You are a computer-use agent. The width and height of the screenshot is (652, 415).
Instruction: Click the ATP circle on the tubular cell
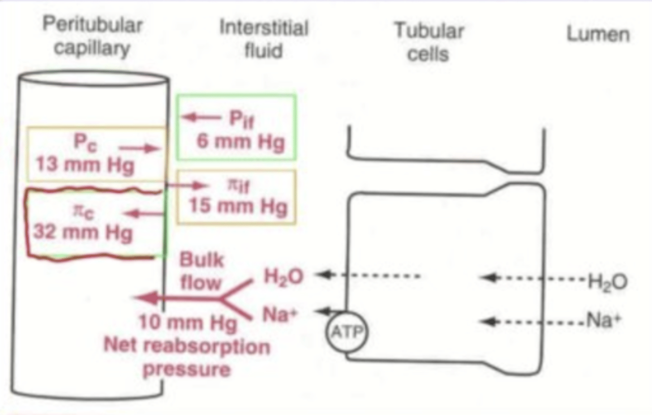347,332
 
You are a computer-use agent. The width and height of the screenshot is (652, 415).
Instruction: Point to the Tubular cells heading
428,42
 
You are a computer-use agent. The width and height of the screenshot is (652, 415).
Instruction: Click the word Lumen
598,34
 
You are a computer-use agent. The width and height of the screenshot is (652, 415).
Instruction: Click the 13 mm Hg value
85,165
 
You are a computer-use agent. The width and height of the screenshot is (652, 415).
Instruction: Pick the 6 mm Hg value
240,142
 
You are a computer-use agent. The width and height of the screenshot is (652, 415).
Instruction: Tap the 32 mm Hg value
83,232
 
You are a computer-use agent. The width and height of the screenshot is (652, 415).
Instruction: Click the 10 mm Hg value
187,323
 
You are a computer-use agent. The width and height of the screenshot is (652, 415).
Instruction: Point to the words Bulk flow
201,271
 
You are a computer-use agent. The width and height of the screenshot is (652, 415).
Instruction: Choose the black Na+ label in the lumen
604,321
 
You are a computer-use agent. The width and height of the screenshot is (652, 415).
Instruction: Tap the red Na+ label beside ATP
280,314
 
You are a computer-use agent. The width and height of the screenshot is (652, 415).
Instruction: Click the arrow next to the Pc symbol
139,148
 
